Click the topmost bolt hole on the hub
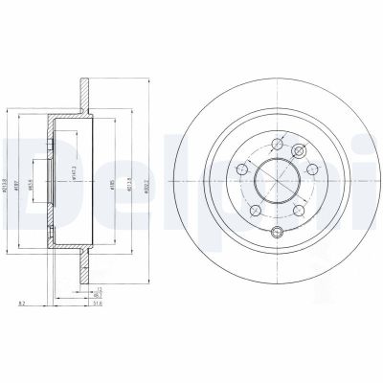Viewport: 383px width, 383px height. click(277, 145)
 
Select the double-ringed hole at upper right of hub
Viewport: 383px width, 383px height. click(298, 149)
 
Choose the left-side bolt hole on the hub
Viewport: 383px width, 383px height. click(244, 169)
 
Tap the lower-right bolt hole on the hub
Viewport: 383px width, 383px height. click(298, 207)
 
